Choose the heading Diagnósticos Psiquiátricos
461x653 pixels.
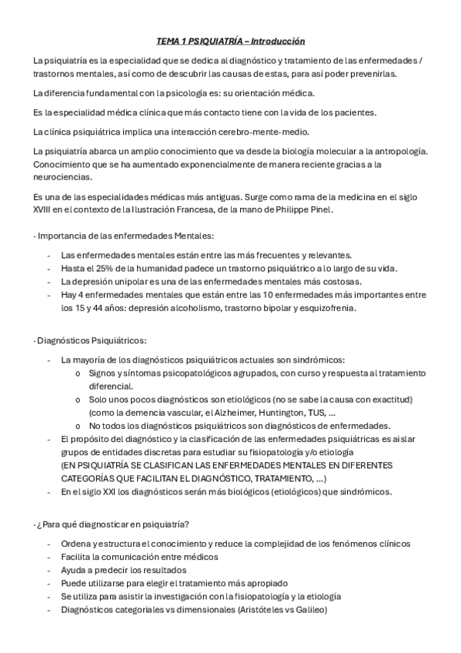92,340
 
